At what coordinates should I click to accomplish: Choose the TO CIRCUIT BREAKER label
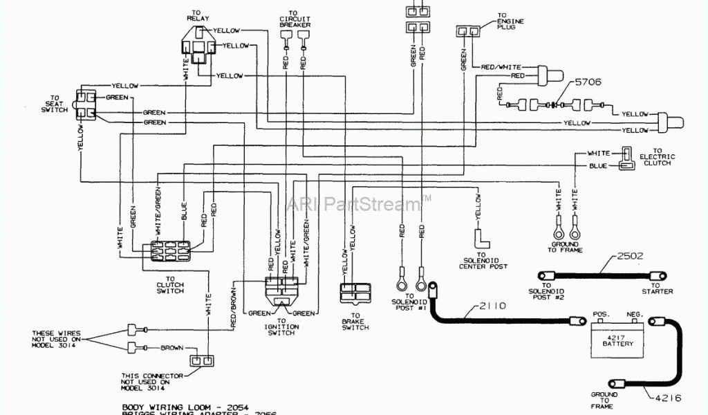pos(295,21)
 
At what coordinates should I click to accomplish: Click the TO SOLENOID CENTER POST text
pos(484,261)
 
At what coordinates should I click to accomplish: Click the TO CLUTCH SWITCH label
pos(171,286)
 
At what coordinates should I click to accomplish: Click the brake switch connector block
pos(355,293)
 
